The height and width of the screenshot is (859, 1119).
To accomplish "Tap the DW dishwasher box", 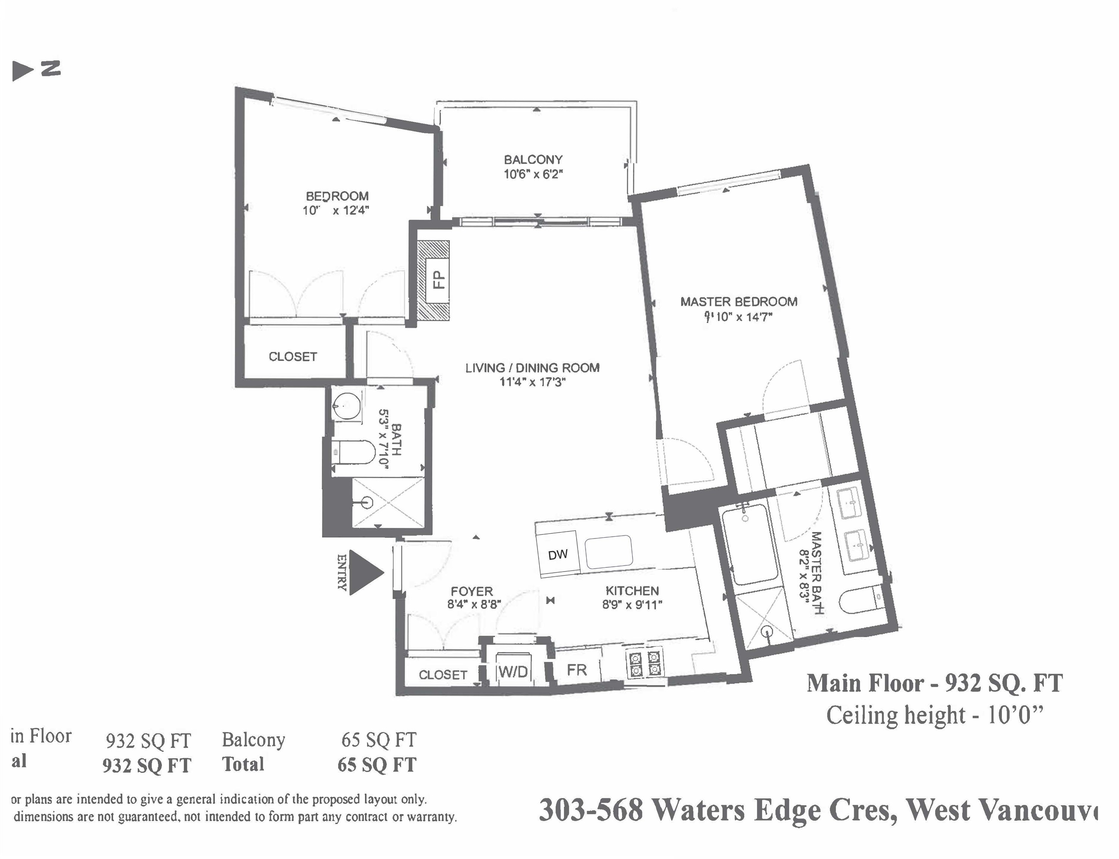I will (x=558, y=555).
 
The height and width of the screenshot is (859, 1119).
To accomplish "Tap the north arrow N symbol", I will (x=36, y=70).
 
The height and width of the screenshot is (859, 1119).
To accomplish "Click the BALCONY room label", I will (x=533, y=160).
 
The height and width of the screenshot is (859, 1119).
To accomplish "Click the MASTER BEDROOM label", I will (x=738, y=302).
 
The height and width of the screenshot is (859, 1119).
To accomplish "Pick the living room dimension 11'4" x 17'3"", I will (x=532, y=382).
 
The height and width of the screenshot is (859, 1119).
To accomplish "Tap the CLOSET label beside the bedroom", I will (x=293, y=356).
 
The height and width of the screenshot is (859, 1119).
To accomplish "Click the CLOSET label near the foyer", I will (x=443, y=675).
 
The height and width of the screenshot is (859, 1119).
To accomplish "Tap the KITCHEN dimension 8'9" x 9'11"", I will (x=632, y=605).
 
